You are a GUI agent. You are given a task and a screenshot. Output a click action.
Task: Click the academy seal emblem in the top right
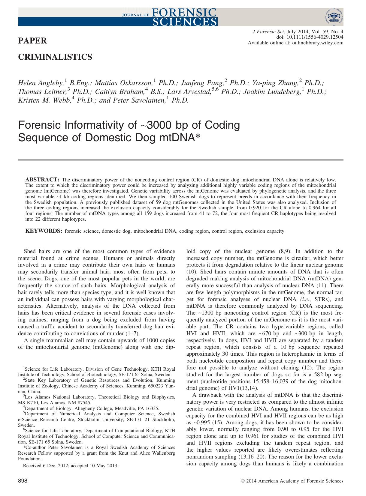334,17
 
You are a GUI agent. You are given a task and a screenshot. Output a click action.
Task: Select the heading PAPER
32,41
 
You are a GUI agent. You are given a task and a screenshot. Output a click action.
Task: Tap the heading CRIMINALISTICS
55,57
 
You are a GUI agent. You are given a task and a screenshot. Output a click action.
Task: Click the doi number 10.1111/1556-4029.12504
315,37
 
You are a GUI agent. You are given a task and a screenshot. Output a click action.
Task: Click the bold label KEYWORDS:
44,231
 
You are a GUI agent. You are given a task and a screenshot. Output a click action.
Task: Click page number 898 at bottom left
23,481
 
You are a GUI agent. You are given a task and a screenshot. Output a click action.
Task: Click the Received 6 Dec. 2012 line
71,466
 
